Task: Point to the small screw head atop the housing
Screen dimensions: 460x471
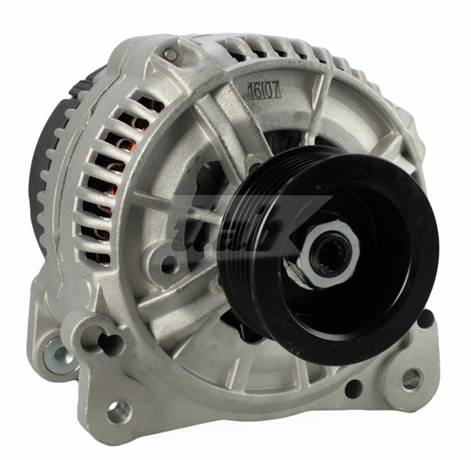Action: point(170,54)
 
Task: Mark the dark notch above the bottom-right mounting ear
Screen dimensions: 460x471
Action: point(425,319)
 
